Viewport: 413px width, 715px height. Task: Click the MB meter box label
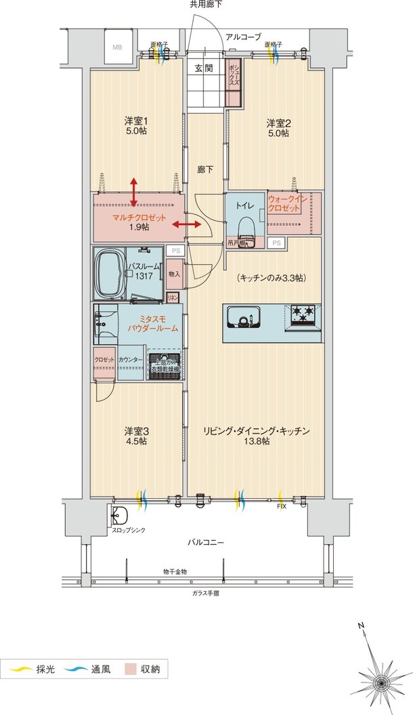coord(117,47)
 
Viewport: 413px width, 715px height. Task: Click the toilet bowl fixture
coord(246,224)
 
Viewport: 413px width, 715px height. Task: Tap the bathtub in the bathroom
coord(110,273)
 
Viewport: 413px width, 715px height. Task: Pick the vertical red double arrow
coord(134,192)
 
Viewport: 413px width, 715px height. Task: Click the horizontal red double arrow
coord(187,224)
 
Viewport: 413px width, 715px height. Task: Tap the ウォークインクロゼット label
coord(285,204)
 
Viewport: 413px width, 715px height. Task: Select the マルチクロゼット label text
coord(138,218)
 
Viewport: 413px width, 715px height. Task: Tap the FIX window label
coord(280,506)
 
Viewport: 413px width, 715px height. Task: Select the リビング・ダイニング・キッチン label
coord(257,430)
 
